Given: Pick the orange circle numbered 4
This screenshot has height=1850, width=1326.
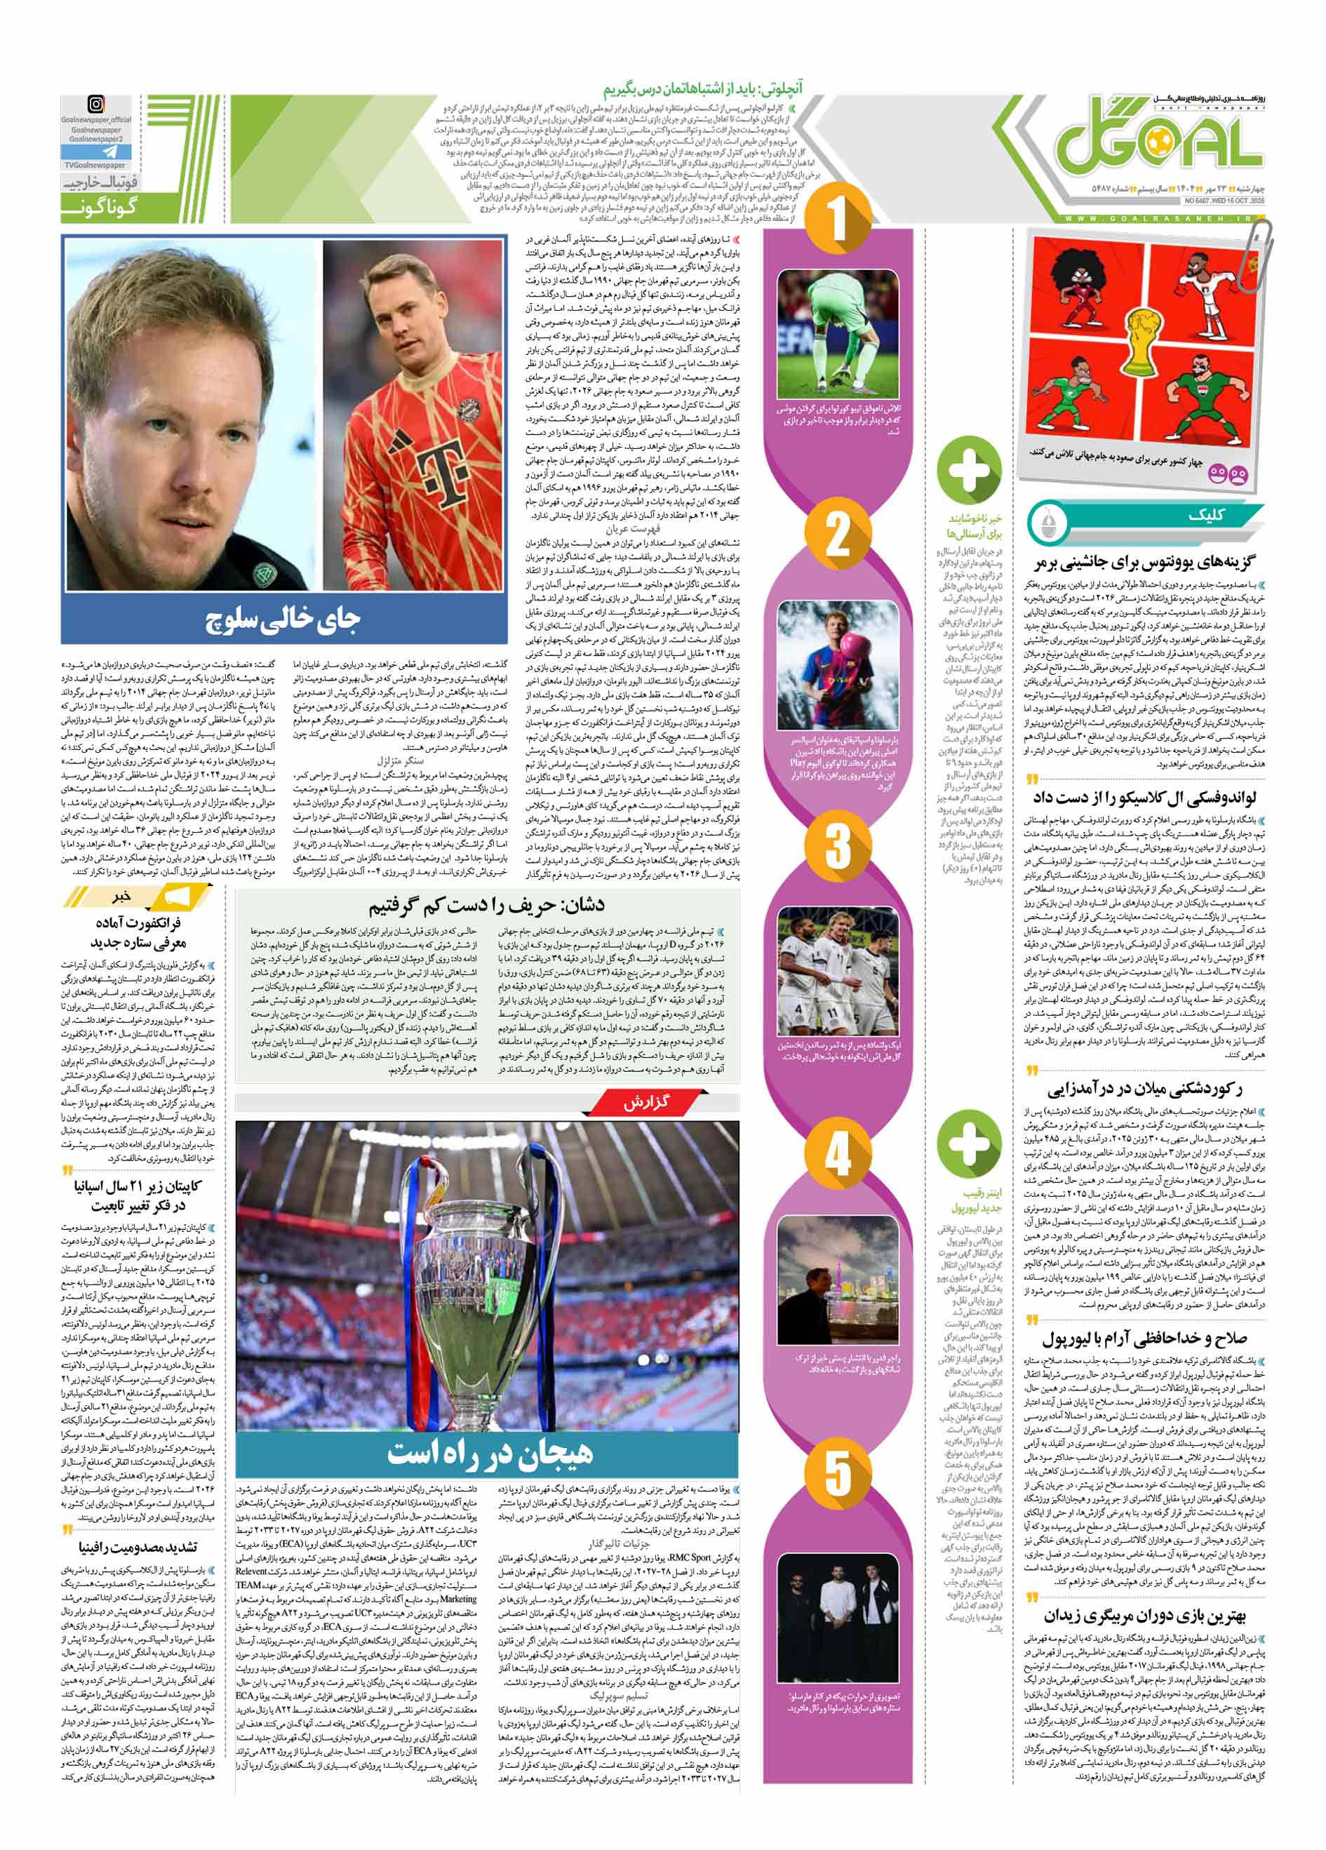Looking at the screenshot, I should [838, 1154].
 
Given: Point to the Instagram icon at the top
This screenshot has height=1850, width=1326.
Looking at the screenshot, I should [96, 105].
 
